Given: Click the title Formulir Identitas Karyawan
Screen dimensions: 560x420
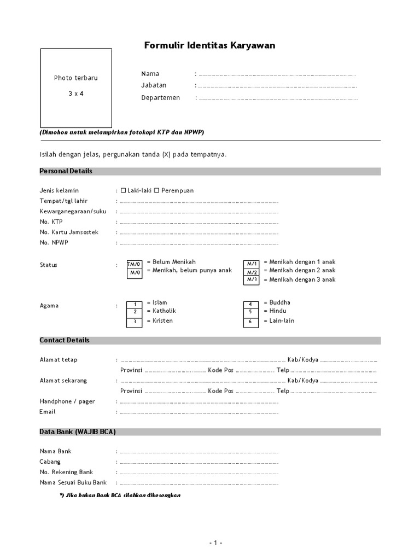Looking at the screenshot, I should (x=209, y=46).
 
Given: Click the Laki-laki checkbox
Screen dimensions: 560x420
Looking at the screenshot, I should (x=123, y=190).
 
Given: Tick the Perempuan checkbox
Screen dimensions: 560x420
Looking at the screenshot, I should (x=156, y=190).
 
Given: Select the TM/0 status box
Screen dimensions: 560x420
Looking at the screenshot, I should (x=135, y=264).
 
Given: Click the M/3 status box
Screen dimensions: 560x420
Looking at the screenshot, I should (x=252, y=280).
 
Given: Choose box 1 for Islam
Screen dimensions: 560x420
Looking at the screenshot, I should (x=135, y=304).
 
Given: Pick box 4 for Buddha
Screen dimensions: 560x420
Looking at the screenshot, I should (x=251, y=304).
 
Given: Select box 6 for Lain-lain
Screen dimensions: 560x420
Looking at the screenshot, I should (x=251, y=322).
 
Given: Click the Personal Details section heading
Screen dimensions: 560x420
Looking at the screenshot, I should (x=66, y=171).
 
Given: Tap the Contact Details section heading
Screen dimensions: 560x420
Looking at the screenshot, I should (x=65, y=340).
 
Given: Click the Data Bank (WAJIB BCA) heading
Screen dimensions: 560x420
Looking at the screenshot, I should (x=78, y=432).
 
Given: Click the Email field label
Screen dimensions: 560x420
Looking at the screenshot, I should (x=48, y=412).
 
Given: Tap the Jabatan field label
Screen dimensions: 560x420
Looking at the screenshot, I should (x=154, y=85).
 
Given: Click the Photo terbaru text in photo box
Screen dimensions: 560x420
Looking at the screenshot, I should (x=75, y=78).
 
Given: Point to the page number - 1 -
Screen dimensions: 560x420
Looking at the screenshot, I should (x=215, y=543).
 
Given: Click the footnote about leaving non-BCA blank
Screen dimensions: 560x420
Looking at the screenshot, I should (x=120, y=495).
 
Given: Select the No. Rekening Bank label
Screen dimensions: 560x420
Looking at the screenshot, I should (x=66, y=472).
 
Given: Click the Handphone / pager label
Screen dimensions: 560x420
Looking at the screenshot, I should (x=67, y=401).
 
